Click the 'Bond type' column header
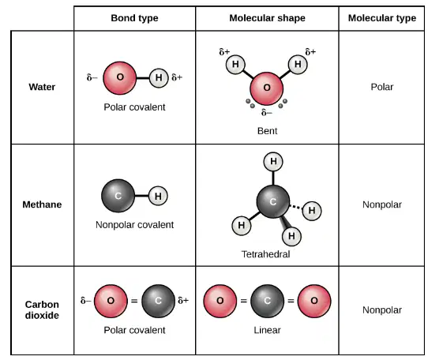134,18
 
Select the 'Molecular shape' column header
267,18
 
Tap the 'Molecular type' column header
382,18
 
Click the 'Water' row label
42,87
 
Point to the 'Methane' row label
42,204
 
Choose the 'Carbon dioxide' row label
42,309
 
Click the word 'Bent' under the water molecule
267,131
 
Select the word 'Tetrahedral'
265,254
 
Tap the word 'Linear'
267,330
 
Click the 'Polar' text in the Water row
382,87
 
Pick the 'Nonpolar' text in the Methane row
382,204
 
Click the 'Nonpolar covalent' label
134,225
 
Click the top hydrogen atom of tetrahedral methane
273,162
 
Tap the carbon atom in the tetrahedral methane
273,201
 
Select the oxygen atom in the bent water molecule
267,88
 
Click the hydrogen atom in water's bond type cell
159,78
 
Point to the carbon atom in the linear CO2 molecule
267,301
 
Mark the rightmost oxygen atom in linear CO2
314,301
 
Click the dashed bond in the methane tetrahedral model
296,207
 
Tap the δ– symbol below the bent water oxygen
267,112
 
